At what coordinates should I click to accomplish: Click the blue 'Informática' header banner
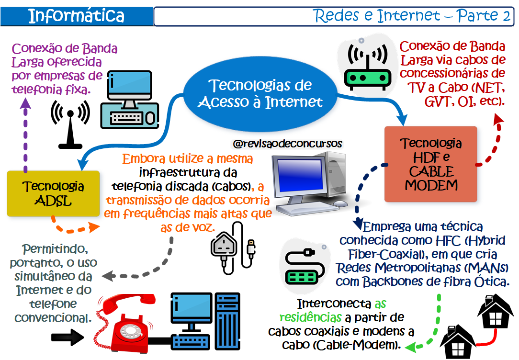77,16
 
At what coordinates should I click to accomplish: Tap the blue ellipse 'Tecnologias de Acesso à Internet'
260,94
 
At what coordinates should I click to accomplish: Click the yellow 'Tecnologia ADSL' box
53,193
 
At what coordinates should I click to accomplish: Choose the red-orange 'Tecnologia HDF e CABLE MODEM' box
430,164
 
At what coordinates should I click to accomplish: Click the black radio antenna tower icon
70,124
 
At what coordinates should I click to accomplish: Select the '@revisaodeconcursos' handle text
287,144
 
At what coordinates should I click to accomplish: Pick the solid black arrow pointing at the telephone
68,337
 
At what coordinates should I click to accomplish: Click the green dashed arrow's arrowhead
411,347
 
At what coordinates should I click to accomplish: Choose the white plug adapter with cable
233,248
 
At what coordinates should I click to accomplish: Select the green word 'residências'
310,317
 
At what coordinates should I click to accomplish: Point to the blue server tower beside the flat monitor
227,321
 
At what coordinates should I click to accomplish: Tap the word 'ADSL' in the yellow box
53,201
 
